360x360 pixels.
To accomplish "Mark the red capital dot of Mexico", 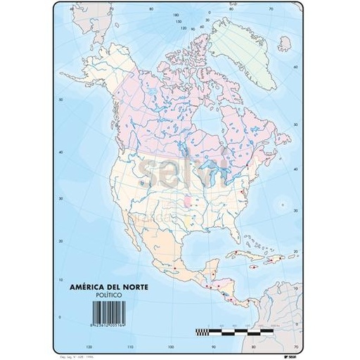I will point(174,268).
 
